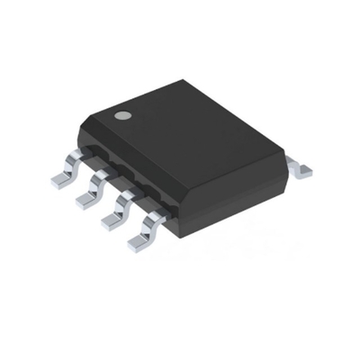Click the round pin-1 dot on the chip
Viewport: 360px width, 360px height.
[x=120, y=116]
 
